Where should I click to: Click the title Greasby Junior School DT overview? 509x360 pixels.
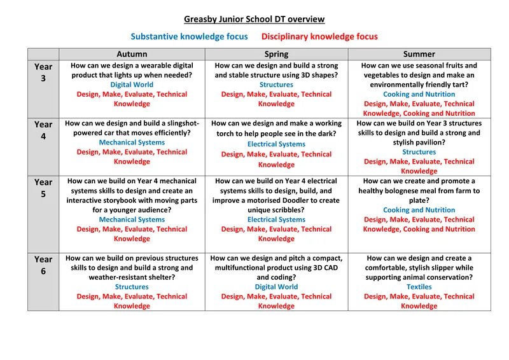pyautogui.click(x=254, y=20)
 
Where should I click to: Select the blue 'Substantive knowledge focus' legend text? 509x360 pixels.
pyautogui.click(x=189, y=37)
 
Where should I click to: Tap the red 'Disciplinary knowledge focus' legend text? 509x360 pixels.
pyautogui.click(x=319, y=37)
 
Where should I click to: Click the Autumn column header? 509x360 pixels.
pyautogui.click(x=132, y=55)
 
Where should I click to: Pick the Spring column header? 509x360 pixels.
pyautogui.click(x=276, y=55)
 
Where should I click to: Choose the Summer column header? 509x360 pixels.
pyautogui.click(x=419, y=55)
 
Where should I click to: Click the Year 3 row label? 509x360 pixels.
pyautogui.click(x=43, y=72)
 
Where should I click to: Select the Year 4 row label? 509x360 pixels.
pyautogui.click(x=43, y=130)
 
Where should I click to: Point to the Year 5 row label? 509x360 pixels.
pyautogui.click(x=43, y=188)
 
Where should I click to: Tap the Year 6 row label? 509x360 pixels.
pyautogui.click(x=43, y=265)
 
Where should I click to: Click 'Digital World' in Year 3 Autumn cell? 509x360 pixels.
pyautogui.click(x=132, y=85)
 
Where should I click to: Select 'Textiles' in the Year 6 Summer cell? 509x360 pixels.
pyautogui.click(x=419, y=287)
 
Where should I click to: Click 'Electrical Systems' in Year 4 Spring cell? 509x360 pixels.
pyautogui.click(x=276, y=144)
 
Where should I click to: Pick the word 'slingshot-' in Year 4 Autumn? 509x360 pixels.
pyautogui.click(x=179, y=123)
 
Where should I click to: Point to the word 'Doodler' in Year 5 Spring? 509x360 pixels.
pyautogui.click(x=296, y=200)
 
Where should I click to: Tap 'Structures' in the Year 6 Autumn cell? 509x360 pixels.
pyautogui.click(x=132, y=287)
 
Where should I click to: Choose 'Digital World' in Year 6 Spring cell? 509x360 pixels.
pyautogui.click(x=276, y=287)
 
